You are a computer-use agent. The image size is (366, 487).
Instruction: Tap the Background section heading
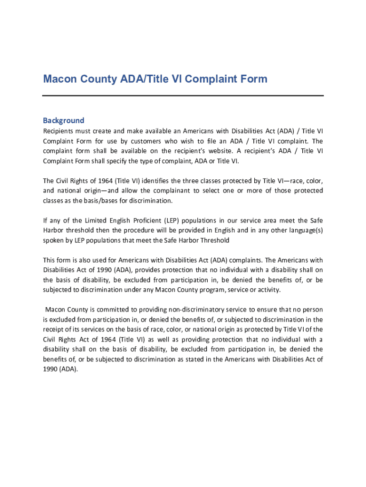pyautogui.click(x=64, y=120)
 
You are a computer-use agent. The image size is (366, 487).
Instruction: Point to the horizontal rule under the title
pyautogui.click(x=183, y=96)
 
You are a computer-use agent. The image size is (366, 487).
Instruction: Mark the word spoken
pyautogui.click(x=54, y=241)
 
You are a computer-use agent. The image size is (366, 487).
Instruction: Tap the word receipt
pyautogui.click(x=54, y=330)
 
